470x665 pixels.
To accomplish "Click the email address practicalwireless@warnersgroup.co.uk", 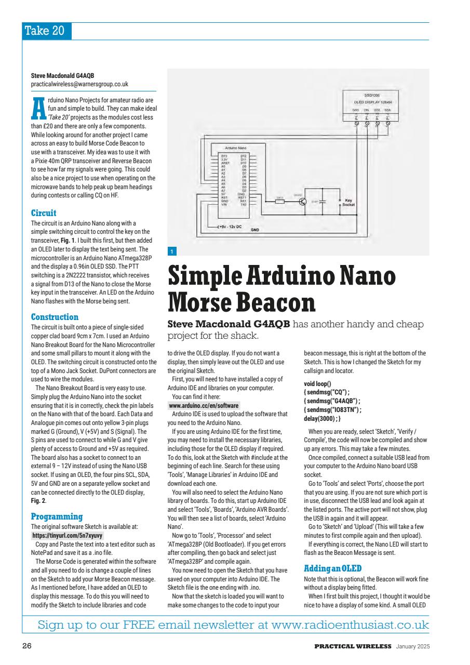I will coord(79,84).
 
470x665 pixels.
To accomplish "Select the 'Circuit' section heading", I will coord(44,213).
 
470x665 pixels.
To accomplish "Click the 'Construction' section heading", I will coord(55,317).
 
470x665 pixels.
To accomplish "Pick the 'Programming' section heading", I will coord(57,517).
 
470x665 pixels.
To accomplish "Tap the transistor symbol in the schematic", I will coord(303,202).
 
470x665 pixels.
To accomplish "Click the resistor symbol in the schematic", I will coord(279,202).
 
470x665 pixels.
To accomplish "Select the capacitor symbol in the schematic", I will coord(323,202).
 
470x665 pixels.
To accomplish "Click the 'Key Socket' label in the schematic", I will coord(348,203).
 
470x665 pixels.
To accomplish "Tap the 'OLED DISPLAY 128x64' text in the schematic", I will coord(371,103).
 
